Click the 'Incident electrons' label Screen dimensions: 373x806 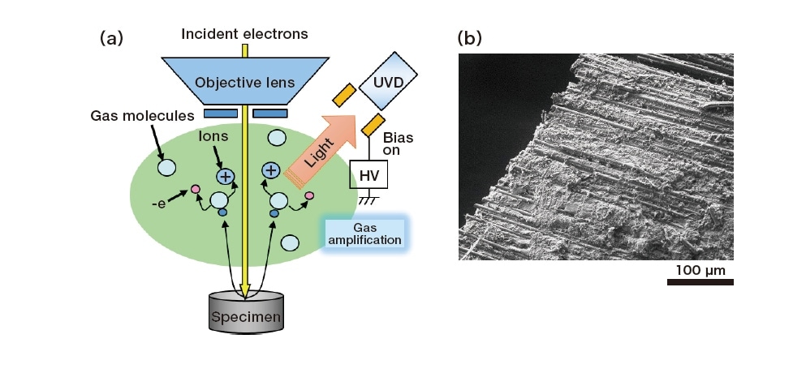pos(244,34)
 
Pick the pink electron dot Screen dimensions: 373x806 pos(195,191)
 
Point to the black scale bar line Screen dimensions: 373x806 pos(700,282)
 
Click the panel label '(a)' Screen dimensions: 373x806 pos(111,37)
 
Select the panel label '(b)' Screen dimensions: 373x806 pos(470,37)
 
